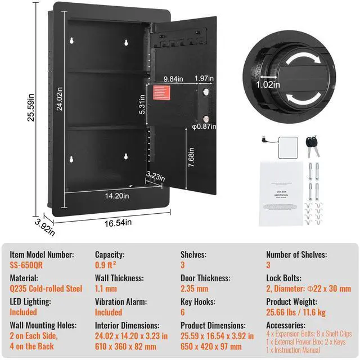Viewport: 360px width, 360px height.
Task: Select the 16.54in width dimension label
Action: tap(119, 223)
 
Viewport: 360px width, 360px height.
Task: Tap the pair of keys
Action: tap(312, 145)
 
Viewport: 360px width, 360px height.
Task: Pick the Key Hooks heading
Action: tap(198, 301)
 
